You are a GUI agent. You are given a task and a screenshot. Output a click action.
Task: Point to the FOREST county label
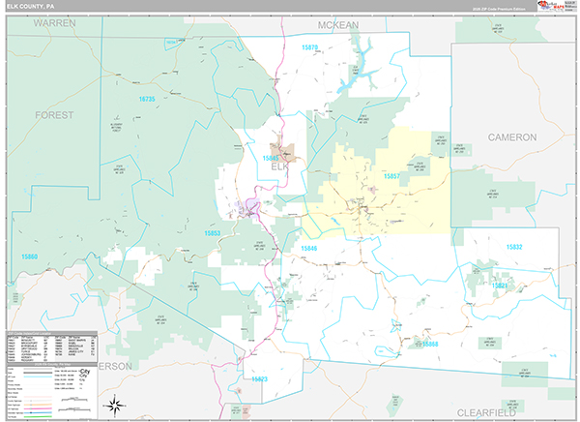54,114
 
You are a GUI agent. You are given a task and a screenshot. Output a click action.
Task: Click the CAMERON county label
511,137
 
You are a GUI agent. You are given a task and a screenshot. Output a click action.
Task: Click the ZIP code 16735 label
146,99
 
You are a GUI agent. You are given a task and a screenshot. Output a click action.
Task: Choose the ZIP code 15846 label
308,249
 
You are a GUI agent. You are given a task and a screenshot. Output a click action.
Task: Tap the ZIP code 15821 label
500,286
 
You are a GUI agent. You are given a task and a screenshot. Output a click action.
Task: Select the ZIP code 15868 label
430,344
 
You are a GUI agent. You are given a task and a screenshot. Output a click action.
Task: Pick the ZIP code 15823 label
258,379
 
